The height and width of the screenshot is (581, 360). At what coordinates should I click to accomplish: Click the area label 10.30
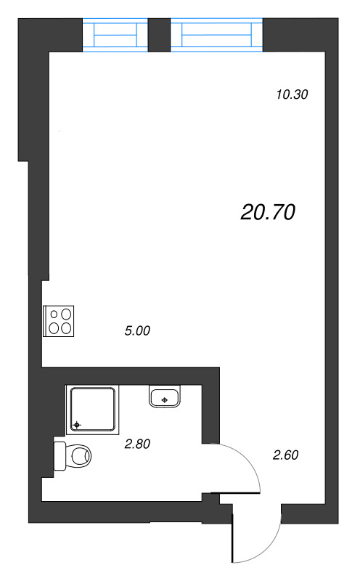point(293,94)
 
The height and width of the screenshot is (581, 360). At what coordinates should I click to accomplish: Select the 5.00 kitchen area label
point(137,331)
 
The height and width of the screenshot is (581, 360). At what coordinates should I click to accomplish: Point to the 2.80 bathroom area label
point(137,444)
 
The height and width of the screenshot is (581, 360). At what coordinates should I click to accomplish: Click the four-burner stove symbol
point(60,321)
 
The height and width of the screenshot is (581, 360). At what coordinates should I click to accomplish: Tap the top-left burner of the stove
point(54,314)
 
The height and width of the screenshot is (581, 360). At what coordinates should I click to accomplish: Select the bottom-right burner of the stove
point(67,328)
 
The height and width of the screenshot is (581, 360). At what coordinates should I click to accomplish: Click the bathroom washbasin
point(165,397)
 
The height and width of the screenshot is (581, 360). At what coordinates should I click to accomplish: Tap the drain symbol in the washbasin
point(166,399)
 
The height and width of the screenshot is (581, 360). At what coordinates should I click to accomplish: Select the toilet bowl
point(78,457)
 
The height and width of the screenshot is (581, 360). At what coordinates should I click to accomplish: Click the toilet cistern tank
point(60,457)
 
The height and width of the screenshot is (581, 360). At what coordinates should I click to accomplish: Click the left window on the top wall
point(116,35)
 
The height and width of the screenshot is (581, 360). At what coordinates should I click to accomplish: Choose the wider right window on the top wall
point(216,35)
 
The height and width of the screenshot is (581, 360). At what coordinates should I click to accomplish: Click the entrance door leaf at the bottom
point(233,534)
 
